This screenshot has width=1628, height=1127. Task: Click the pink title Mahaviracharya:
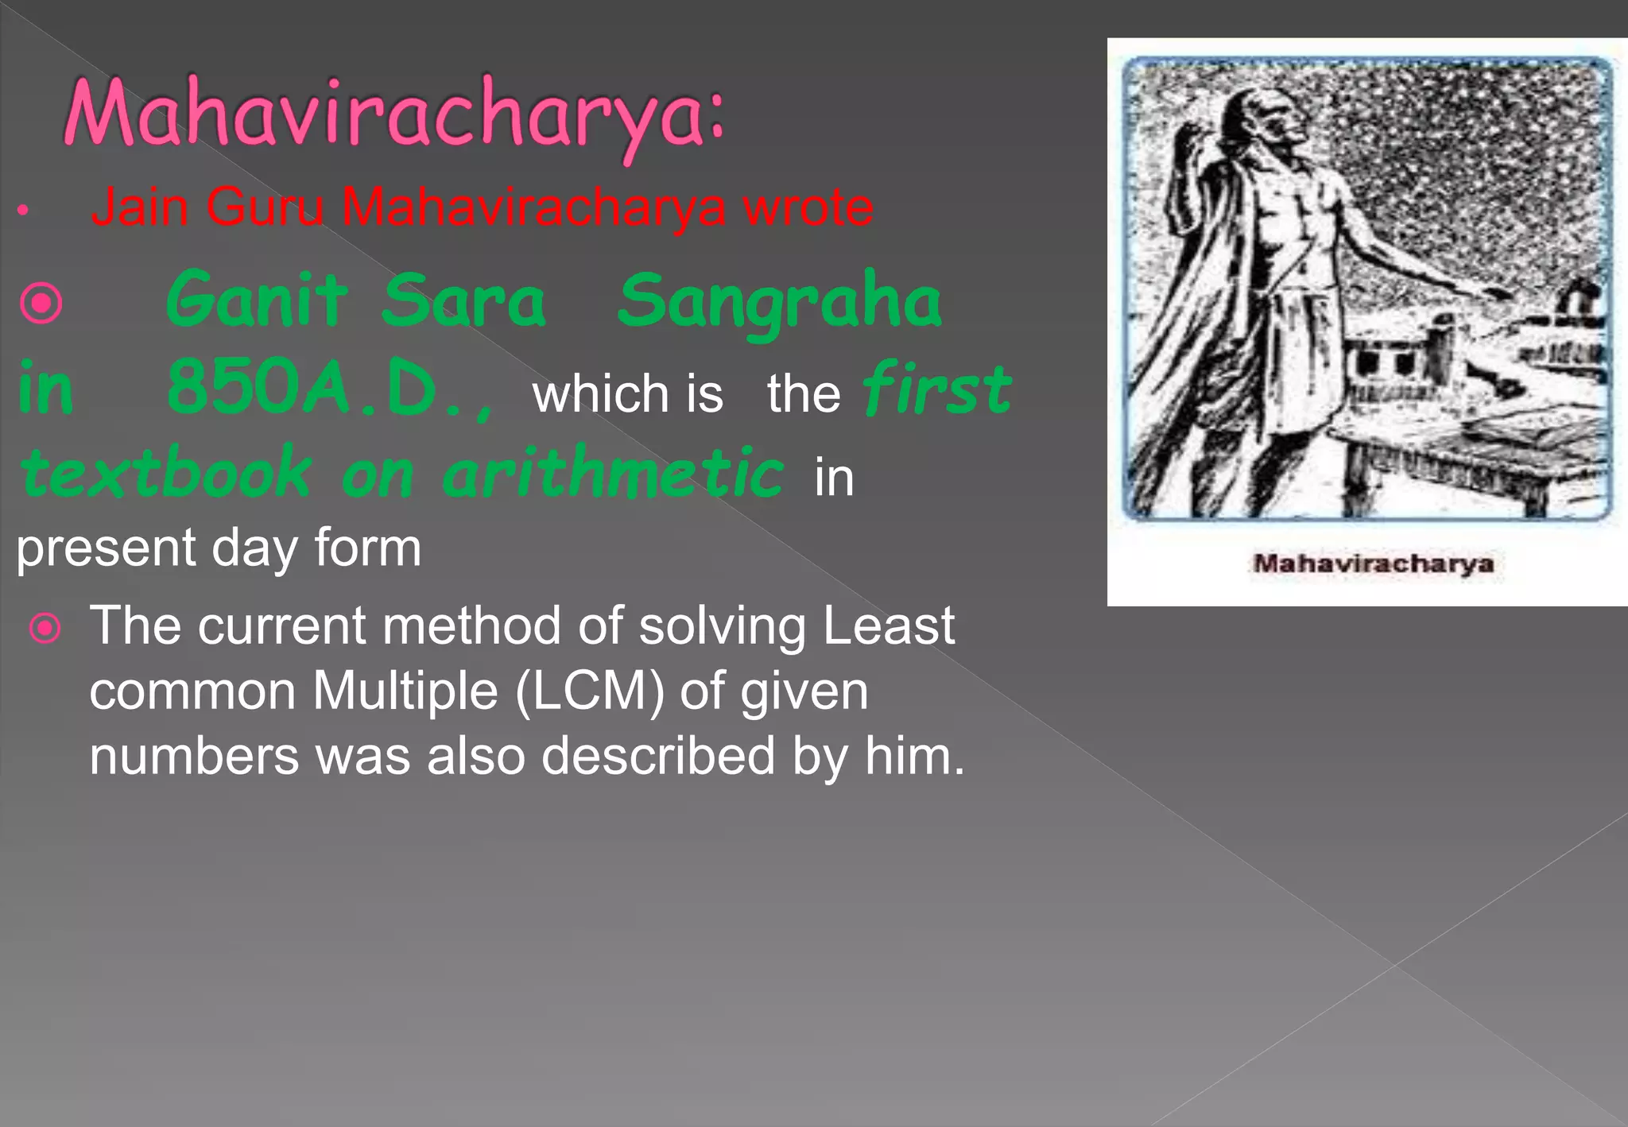click(393, 115)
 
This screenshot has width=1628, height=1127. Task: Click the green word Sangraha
click(779, 302)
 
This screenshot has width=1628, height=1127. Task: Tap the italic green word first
click(936, 389)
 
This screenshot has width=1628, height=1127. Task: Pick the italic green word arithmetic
click(612, 473)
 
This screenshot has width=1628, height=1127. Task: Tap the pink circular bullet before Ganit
click(41, 303)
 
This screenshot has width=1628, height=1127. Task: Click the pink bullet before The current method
click(45, 628)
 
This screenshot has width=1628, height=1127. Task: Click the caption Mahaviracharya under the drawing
click(1373, 563)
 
